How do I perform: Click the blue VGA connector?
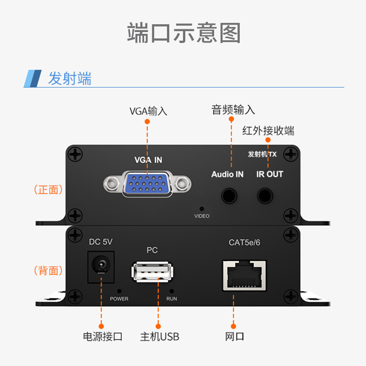click(x=147, y=184)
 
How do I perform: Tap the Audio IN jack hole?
click(x=229, y=196)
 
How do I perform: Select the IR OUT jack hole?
click(x=265, y=196)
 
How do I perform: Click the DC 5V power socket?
click(x=101, y=267)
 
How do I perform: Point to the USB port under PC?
click(x=152, y=272)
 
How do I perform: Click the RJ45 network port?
click(x=244, y=275)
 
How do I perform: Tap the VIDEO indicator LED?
click(x=202, y=209)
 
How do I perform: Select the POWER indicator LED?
click(x=119, y=291)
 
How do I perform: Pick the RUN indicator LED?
click(x=172, y=291)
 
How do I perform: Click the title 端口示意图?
click(x=184, y=33)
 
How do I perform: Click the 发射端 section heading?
click(x=70, y=78)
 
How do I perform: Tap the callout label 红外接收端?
click(x=268, y=130)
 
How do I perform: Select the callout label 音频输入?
click(x=233, y=110)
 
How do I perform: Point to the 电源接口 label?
click(x=102, y=337)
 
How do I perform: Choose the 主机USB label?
click(x=160, y=337)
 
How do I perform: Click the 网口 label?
click(x=234, y=337)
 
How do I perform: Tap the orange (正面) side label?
click(x=48, y=189)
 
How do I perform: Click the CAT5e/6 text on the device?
click(x=244, y=242)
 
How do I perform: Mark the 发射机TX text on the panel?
click(x=262, y=154)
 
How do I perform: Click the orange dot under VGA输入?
click(x=147, y=122)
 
